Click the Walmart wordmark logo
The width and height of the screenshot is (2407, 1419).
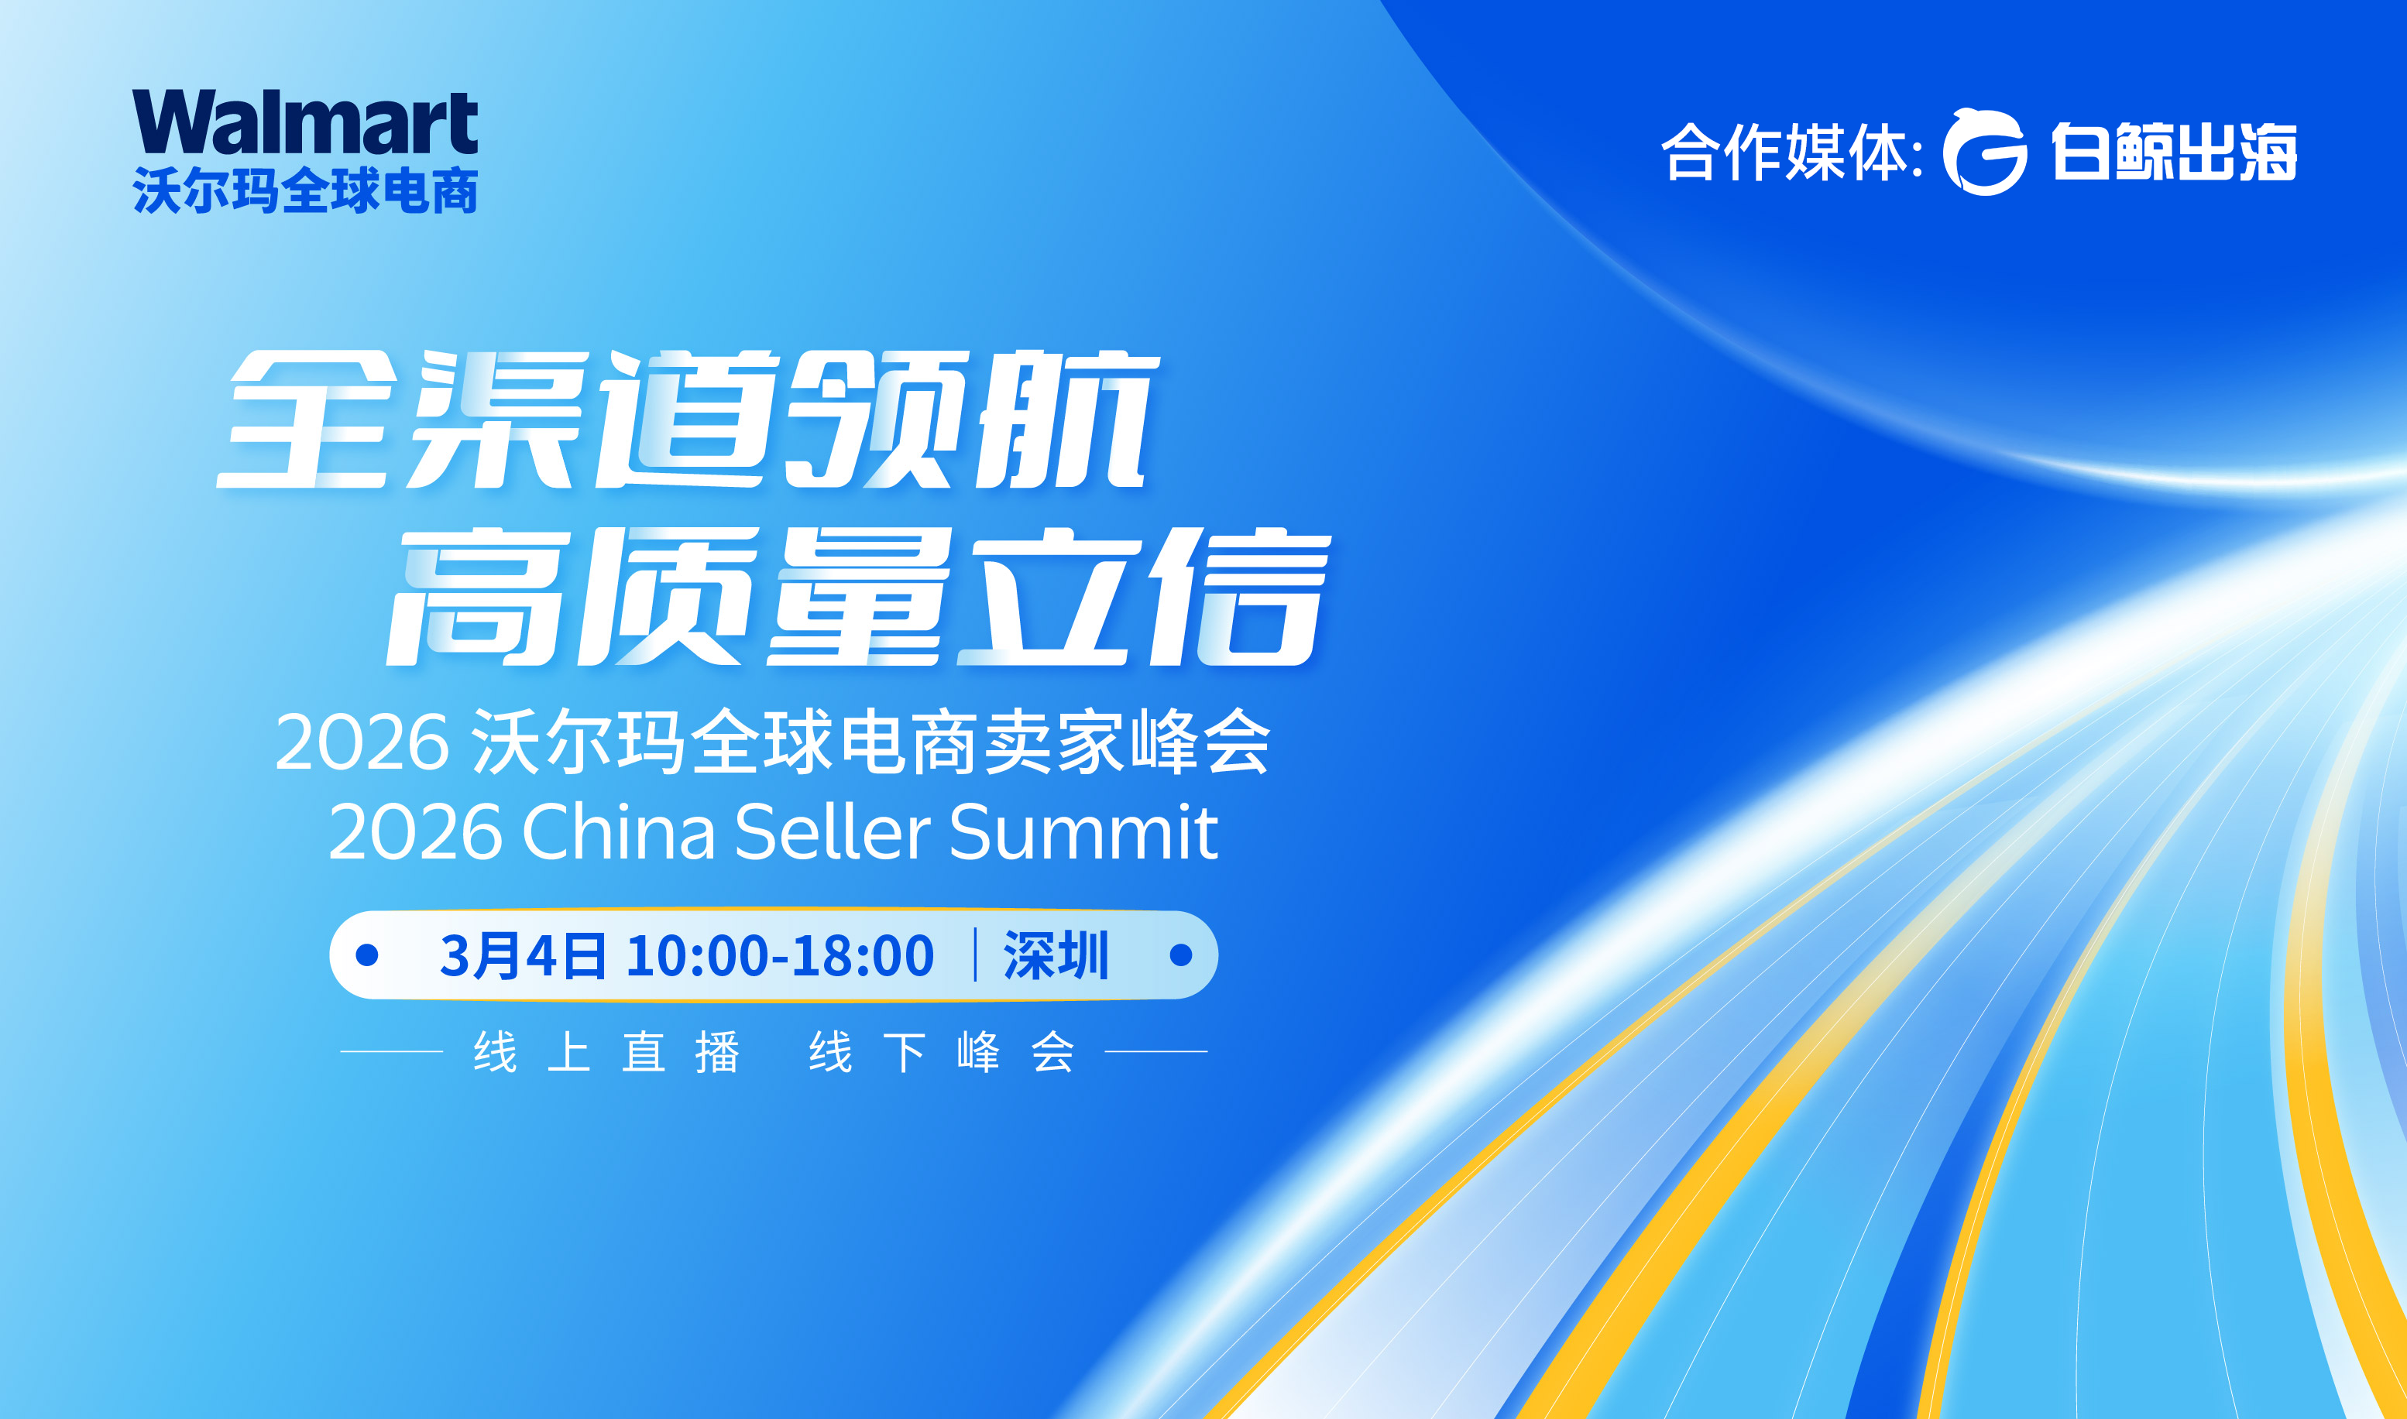305,122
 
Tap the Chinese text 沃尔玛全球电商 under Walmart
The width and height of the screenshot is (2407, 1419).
305,190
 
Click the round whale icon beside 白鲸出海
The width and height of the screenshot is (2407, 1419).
1984,152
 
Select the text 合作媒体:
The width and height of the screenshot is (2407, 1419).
1792,152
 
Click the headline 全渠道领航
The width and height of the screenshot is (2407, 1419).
688,419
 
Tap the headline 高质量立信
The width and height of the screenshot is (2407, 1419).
859,596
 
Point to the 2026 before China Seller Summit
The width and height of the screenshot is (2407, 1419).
415,832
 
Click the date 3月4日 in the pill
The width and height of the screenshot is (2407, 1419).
522,955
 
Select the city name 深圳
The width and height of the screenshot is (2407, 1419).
1056,955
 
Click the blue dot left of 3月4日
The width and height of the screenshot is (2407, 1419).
367,955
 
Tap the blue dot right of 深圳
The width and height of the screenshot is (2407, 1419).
1181,955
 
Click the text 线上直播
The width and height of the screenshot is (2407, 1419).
607,1053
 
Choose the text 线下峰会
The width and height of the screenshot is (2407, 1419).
942,1053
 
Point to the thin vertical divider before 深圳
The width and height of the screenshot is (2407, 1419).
975,955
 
